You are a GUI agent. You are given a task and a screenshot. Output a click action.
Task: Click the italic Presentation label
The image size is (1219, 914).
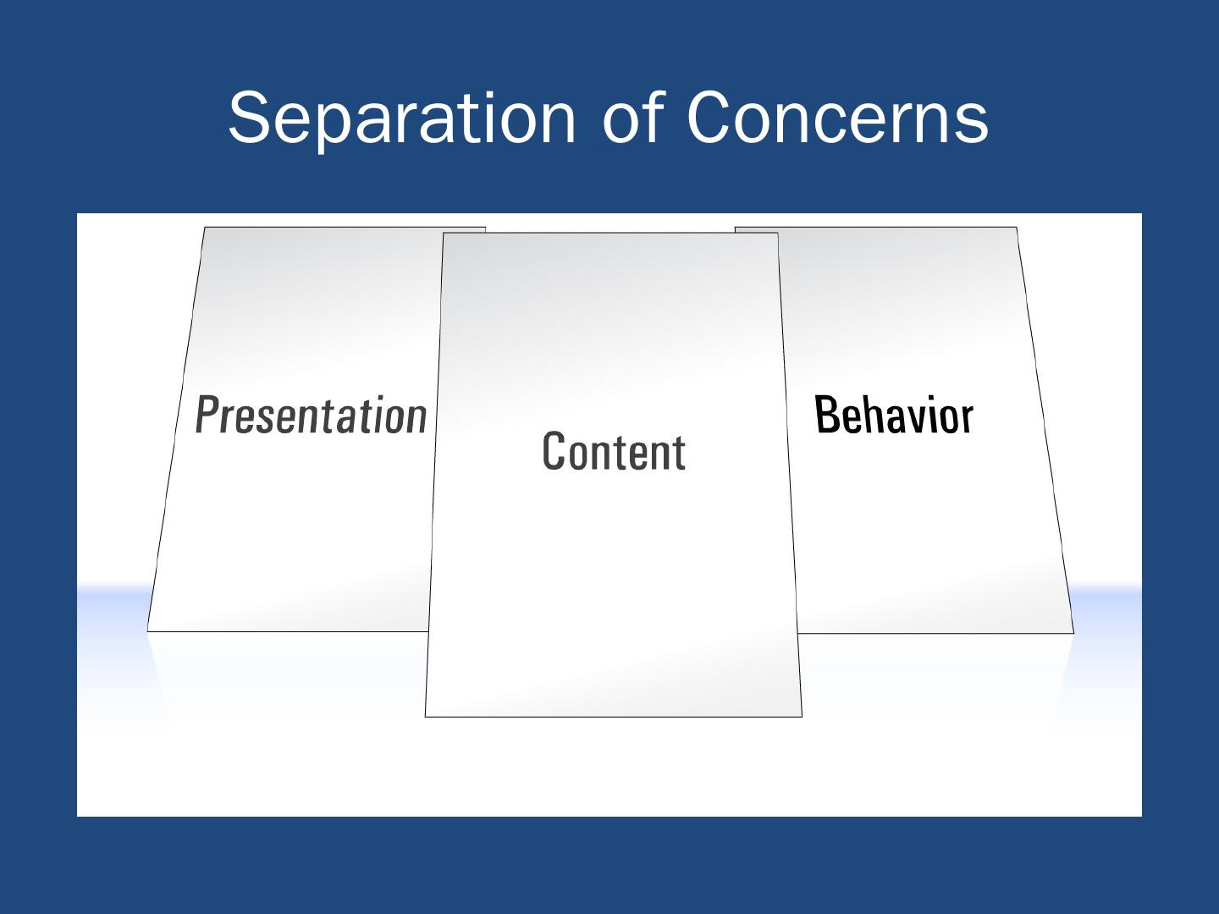[311, 415]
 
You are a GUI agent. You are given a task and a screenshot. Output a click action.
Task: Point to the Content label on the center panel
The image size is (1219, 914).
[614, 450]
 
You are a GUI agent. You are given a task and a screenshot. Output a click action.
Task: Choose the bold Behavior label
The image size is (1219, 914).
[894, 415]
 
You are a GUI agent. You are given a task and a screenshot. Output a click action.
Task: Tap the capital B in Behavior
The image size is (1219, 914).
[825, 415]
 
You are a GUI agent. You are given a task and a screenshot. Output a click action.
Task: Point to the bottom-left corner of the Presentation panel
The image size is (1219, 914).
[148, 630]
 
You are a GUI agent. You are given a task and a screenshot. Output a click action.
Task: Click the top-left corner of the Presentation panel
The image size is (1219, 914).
[205, 227]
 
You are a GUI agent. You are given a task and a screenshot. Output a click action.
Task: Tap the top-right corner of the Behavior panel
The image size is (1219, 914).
[1016, 227]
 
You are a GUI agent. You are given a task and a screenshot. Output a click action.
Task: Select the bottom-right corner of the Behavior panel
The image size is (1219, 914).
[1073, 633]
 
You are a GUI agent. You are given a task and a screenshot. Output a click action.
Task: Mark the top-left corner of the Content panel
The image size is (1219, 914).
[444, 233]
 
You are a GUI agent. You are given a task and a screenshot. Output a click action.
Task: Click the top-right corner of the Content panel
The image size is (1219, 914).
[778, 233]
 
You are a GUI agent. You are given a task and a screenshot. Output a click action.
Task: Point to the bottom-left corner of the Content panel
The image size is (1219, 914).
[425, 716]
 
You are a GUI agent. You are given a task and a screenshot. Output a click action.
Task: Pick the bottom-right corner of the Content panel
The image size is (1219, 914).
[802, 716]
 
